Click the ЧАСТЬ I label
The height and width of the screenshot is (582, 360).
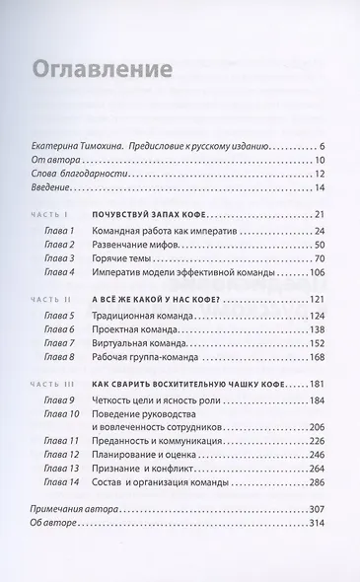tap(50, 214)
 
